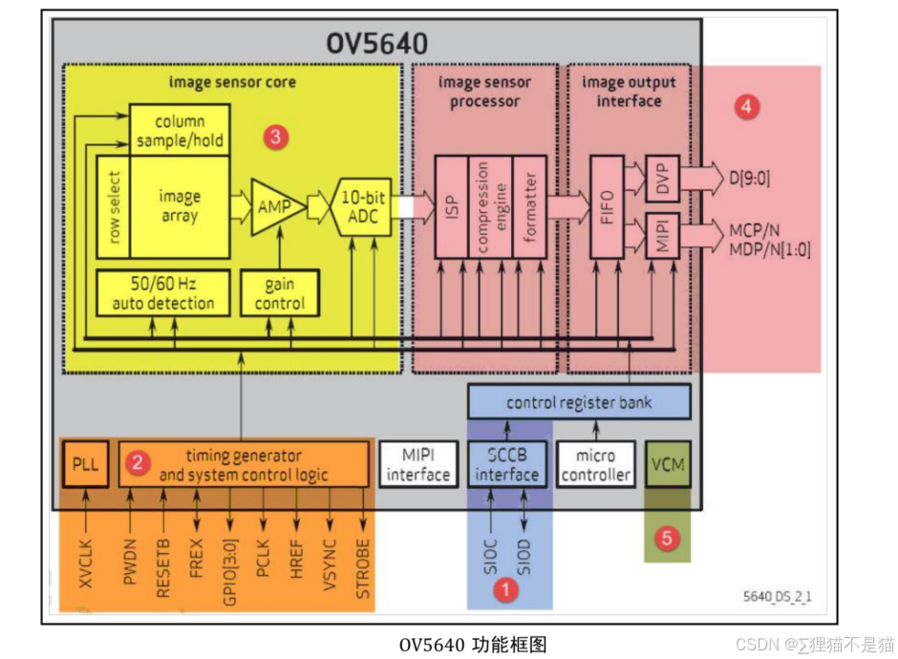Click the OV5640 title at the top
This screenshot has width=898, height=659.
pyautogui.click(x=377, y=44)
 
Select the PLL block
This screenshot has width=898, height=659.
pyautogui.click(x=85, y=464)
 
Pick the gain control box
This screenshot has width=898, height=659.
pyautogui.click(x=279, y=293)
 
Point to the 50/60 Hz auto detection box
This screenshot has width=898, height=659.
pyautogui.click(x=163, y=293)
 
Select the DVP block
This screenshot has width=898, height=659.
pyautogui.click(x=661, y=178)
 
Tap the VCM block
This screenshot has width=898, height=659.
pyautogui.click(x=668, y=465)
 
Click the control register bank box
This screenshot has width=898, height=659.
pyautogui.click(x=579, y=402)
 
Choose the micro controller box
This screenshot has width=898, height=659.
pyautogui.click(x=595, y=464)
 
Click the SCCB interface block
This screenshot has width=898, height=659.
pyautogui.click(x=507, y=464)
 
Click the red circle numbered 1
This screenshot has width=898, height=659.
pyautogui.click(x=503, y=590)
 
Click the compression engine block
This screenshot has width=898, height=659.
pyautogui.click(x=482, y=206)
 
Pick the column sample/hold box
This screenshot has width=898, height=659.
pyautogui.click(x=179, y=132)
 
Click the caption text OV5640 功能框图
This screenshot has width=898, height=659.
pyautogui.click(x=473, y=644)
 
